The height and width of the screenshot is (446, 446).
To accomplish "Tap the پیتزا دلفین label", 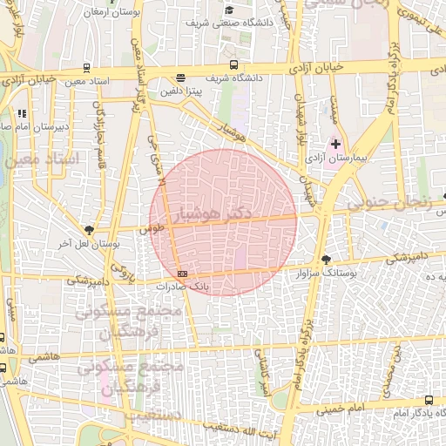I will tap(180, 88).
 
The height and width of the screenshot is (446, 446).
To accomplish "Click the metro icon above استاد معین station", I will tap(85, 68).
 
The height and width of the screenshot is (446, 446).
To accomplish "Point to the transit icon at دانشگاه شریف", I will tap(233, 64).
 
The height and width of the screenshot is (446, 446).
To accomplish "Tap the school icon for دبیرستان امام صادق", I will tap(22, 112).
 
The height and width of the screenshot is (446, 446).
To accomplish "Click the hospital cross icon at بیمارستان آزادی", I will tap(336, 143).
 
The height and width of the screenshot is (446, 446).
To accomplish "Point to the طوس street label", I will tap(158, 227).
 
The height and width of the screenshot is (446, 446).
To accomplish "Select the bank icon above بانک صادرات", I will tap(181, 274).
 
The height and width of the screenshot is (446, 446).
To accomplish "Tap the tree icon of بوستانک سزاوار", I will tap(326, 260).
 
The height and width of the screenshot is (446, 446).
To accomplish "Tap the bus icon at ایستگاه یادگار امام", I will tap(426, 401).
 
